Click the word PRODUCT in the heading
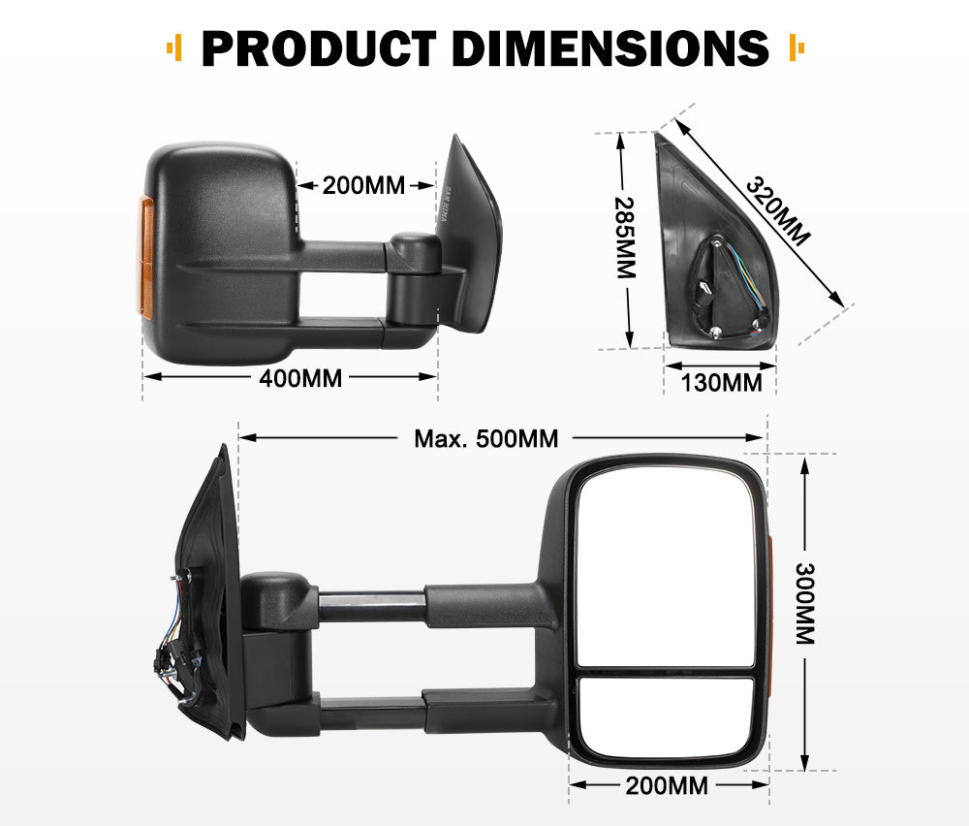(x=318, y=48)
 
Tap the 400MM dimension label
(x=300, y=378)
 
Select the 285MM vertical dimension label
(x=626, y=238)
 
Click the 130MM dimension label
(x=721, y=382)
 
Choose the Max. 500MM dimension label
(x=485, y=439)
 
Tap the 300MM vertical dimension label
(x=804, y=603)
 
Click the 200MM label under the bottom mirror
(x=667, y=785)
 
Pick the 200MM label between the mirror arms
(x=363, y=185)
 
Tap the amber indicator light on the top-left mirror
(x=147, y=258)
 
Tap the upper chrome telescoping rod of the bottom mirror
(x=371, y=608)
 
